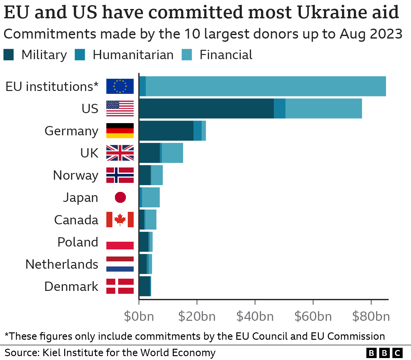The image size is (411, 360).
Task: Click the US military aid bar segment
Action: pos(206,109)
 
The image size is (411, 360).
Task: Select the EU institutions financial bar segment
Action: pos(266,86)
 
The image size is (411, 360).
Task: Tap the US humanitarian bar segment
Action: pos(280,109)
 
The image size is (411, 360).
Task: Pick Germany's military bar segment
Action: pos(166,131)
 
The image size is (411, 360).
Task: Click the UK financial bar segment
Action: pos(172,153)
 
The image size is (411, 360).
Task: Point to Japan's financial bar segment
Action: pos(151,197)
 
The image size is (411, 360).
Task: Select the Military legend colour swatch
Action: pos(9,55)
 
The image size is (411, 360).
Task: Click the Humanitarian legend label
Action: pos(133,55)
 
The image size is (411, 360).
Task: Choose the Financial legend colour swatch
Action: pos(187,55)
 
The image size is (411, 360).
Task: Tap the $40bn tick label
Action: pos(255,317)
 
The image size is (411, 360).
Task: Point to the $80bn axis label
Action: pos(371,317)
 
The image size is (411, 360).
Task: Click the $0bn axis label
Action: pos(139,317)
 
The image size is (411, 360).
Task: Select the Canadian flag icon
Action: pos(120,220)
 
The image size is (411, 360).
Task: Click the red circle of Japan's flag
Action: pos(120,197)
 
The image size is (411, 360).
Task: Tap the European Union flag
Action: pos(120,86)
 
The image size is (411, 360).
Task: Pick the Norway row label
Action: pos(75,175)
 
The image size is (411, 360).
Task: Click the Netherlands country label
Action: pos(62,264)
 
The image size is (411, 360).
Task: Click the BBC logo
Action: pos(384,353)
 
